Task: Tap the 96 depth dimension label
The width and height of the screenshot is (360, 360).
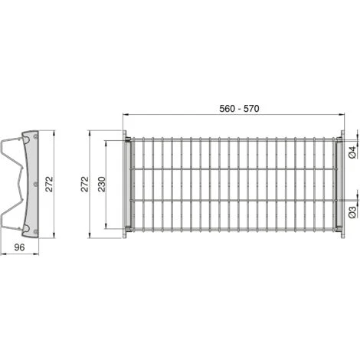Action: [x=19, y=248]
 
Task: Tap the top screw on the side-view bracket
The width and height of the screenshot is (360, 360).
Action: [x=34, y=139]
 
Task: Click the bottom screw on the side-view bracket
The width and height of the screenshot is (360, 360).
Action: [x=34, y=228]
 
